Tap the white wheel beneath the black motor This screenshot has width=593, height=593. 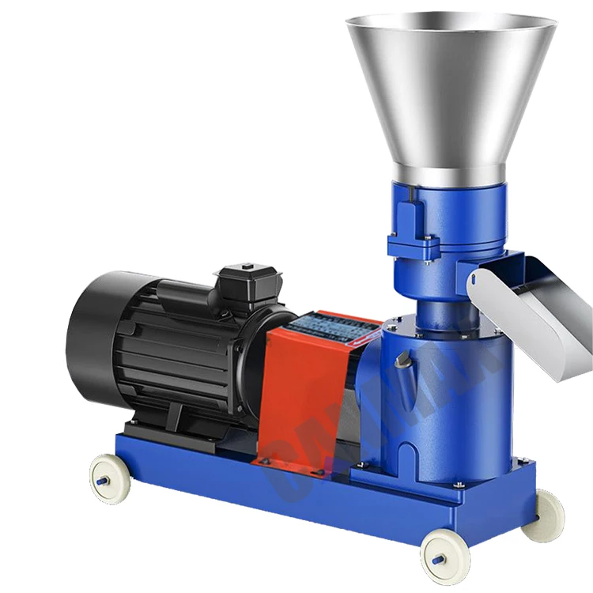coord(108,478)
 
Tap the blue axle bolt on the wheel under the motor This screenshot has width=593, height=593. coord(102,479)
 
